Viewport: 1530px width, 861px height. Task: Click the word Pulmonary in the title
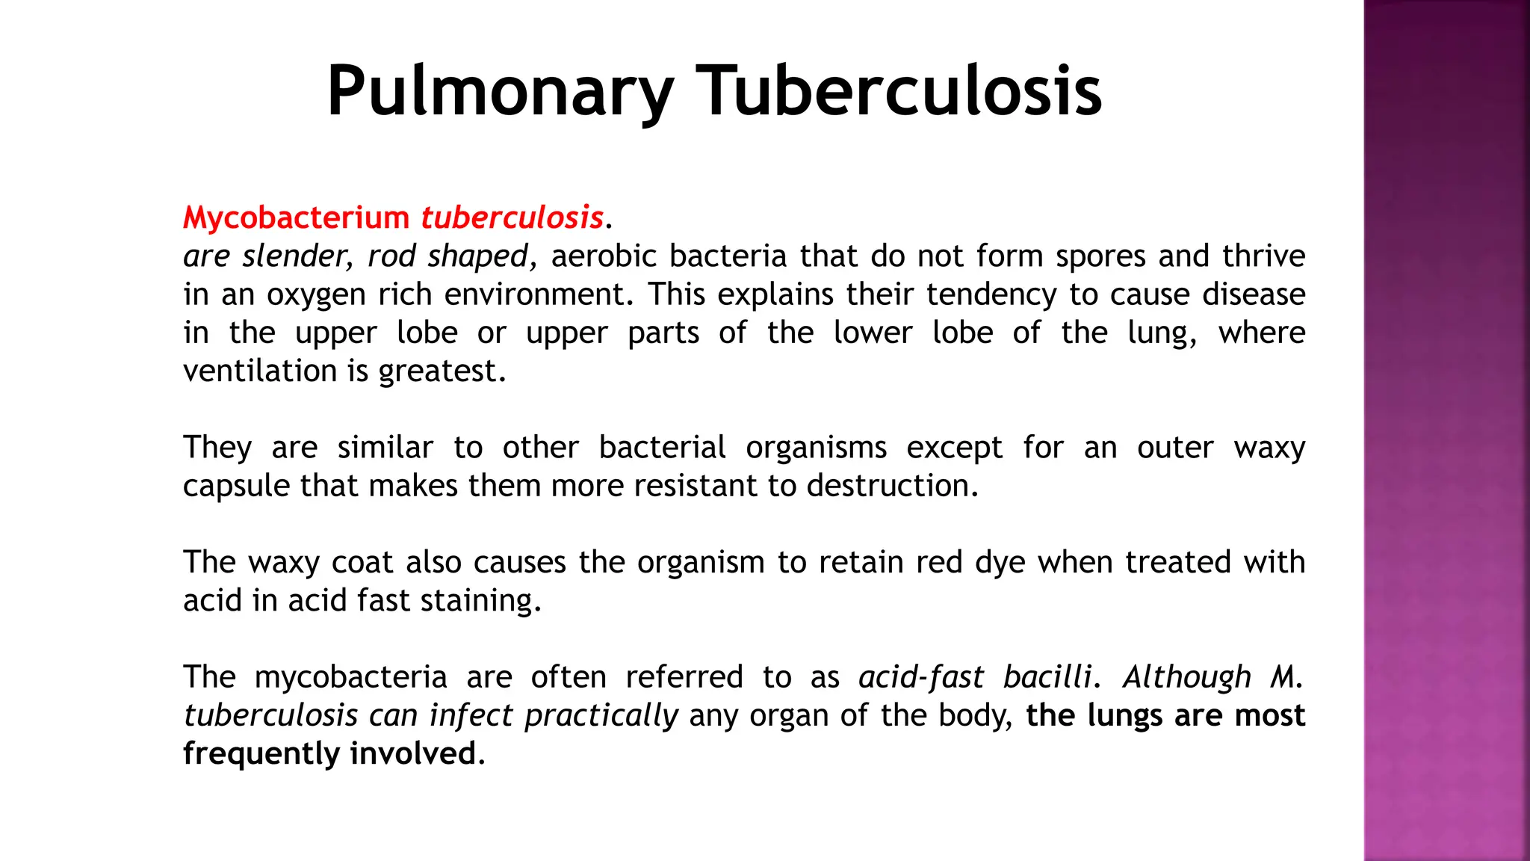500,91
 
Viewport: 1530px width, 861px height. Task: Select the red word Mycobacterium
296,217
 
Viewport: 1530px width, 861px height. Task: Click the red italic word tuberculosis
512,217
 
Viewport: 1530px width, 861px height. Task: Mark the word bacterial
662,448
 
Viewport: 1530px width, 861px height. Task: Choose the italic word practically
601,716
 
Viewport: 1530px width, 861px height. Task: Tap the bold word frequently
261,753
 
